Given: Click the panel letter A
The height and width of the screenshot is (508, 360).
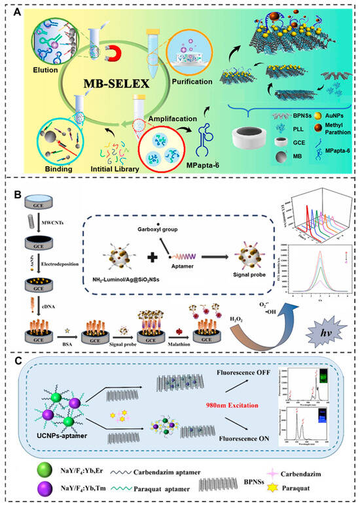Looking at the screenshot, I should pos(18,10).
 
